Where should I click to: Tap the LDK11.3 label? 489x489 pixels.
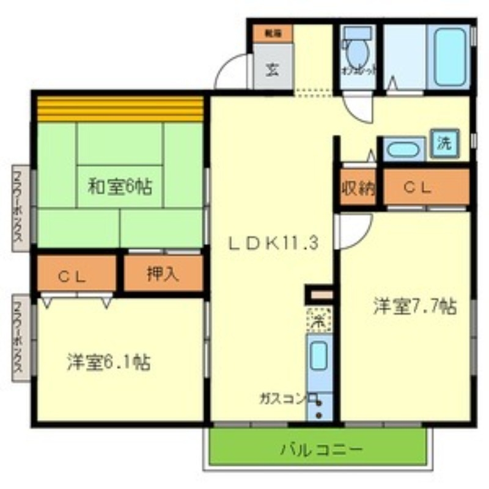coord(273,243)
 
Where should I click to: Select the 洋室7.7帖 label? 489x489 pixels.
coord(415,306)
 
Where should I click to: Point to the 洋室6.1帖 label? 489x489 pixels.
coord(108,362)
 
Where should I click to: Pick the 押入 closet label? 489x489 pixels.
coord(163,274)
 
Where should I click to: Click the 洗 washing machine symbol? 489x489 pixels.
coord(444,143)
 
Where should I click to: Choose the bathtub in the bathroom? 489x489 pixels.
coord(452,56)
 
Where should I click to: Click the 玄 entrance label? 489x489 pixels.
coord(272,69)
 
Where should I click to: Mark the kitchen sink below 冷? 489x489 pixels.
coord(318,358)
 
